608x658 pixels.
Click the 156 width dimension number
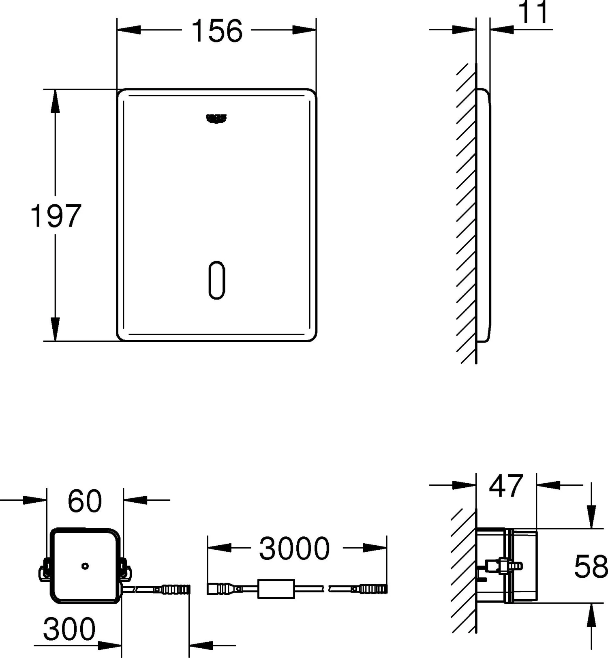[x=217, y=31]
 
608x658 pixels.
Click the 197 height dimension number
[x=56, y=216]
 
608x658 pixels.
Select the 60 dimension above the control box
[x=85, y=501]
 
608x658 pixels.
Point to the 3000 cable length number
[x=295, y=549]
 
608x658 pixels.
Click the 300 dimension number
[x=69, y=629]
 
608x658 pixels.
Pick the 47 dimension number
[x=506, y=486]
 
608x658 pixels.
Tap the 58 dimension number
[x=591, y=566]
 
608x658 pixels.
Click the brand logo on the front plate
[x=216, y=118]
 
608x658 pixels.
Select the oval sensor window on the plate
[x=217, y=280]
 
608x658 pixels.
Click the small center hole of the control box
[x=85, y=566]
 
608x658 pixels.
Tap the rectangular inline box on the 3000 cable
[x=276, y=589]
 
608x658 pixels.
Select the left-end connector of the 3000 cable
[x=219, y=589]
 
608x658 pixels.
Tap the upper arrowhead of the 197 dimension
[x=55, y=101]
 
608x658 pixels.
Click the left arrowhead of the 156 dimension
[x=129, y=30]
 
